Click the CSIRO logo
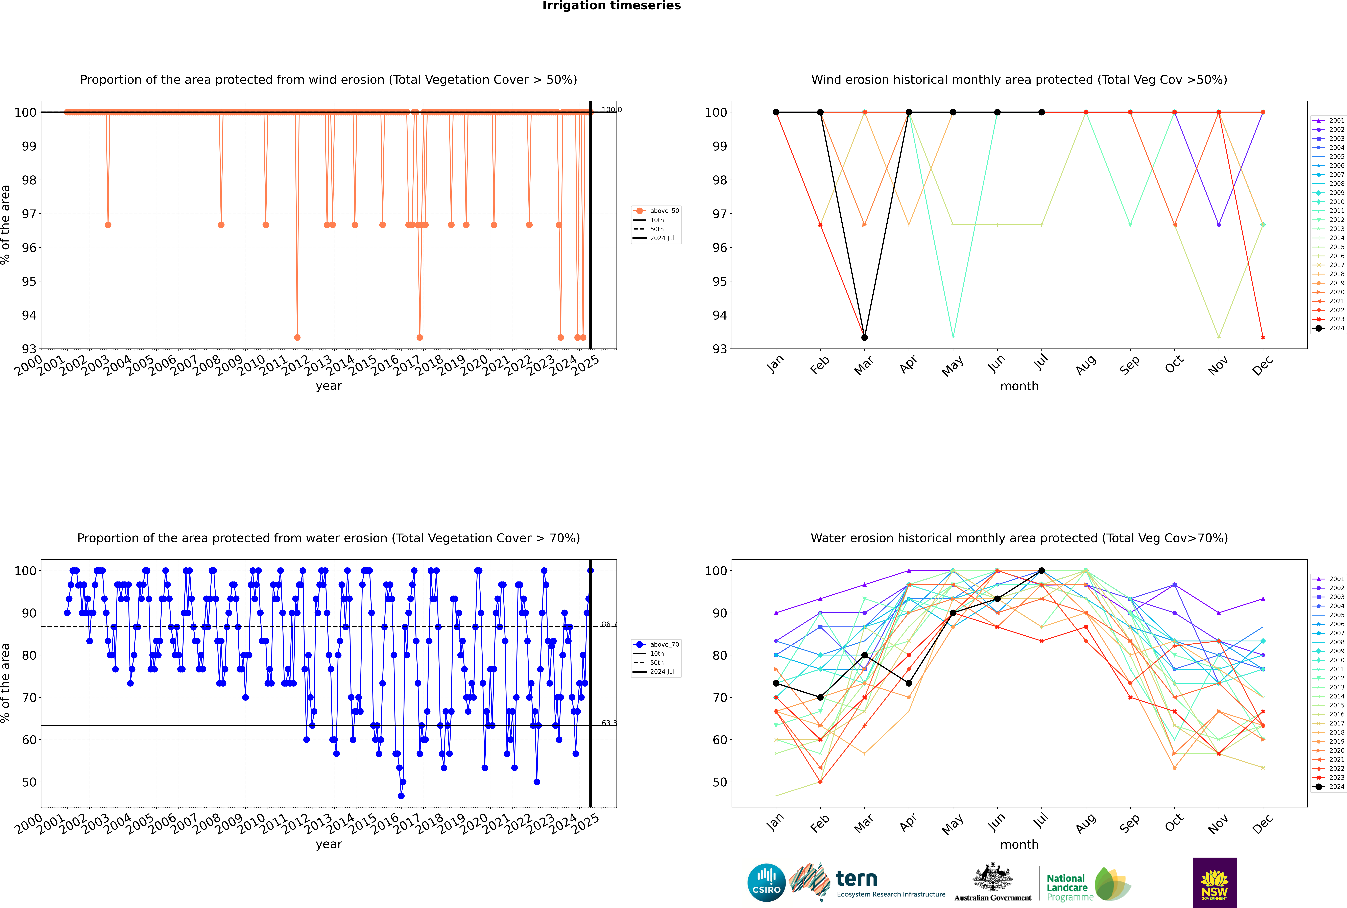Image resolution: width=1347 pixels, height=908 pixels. [766, 883]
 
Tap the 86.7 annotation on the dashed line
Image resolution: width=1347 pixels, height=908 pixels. [609, 624]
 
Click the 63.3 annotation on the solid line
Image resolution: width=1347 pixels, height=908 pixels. [609, 723]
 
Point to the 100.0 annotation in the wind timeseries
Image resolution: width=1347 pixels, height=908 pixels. [611, 110]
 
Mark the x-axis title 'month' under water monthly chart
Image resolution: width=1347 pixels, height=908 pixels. [1019, 844]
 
